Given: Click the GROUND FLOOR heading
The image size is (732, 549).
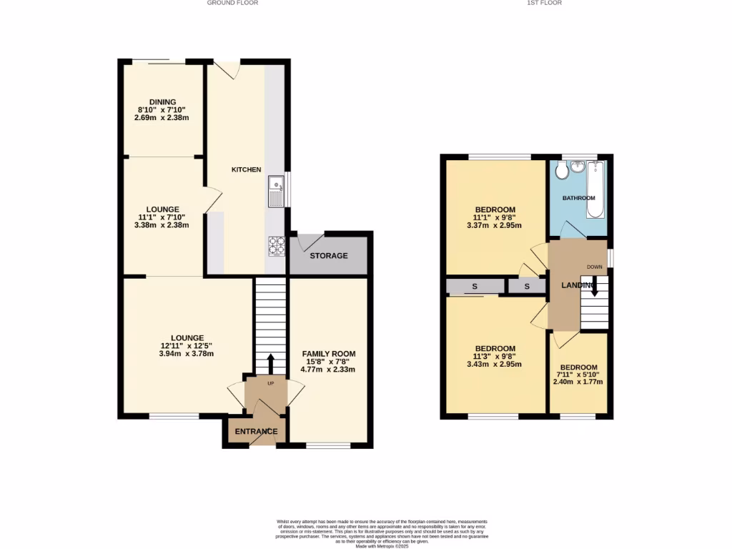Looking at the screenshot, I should [x=232, y=3].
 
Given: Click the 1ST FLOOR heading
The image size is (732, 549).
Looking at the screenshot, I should [x=544, y=3].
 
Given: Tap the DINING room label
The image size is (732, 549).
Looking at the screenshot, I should [x=162, y=102].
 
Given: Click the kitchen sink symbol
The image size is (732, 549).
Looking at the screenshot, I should [x=275, y=191].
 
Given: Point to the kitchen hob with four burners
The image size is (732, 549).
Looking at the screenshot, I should [x=276, y=245].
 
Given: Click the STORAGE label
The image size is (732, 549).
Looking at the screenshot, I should [x=328, y=256].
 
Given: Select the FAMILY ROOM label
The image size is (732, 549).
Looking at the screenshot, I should [x=328, y=354].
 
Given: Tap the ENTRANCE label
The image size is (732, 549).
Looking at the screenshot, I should [x=257, y=432].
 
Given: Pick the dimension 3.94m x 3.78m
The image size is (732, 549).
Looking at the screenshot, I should [x=187, y=354].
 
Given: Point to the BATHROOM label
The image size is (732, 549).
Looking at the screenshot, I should [x=578, y=198].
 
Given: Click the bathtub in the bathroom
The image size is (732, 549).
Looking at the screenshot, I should [x=595, y=190].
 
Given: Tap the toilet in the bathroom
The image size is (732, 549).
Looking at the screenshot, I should [x=561, y=170].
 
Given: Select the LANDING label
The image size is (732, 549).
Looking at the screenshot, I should [x=578, y=286].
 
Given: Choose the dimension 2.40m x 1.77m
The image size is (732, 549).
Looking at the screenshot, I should [x=578, y=382].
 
